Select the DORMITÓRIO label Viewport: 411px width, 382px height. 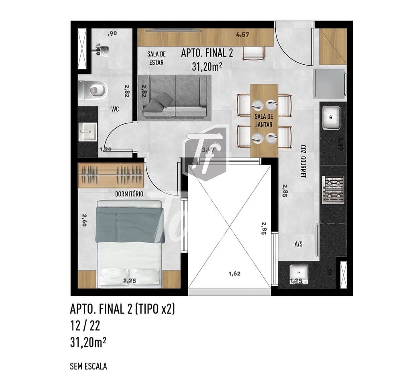129,194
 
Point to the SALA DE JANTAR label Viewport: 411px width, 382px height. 264,120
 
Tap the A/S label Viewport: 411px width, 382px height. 298,244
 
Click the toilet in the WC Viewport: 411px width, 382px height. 93,90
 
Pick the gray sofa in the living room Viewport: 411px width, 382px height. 175,97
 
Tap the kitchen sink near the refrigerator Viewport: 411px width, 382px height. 331,118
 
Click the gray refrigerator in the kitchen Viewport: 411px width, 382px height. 330,83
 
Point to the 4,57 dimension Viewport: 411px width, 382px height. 243,35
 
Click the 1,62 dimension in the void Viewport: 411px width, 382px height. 234,274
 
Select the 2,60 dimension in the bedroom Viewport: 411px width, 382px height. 84,220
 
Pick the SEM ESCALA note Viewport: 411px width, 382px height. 88,366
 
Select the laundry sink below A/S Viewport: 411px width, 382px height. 298,272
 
